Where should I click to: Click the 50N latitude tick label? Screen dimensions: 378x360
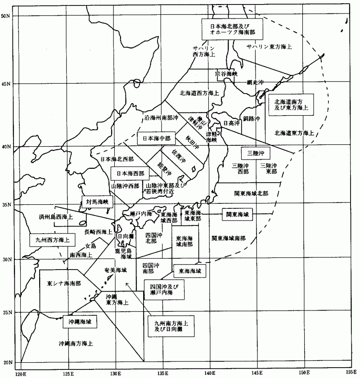click(6, 16)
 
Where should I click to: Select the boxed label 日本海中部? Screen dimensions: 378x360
click(154, 138)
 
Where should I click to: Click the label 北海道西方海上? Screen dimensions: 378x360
click(199, 93)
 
